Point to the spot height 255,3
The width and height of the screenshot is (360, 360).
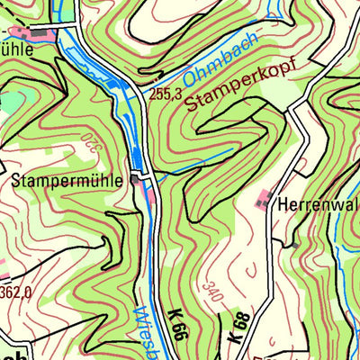point(165,94)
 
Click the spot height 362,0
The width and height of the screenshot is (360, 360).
point(15,292)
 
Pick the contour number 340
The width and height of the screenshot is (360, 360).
point(217,290)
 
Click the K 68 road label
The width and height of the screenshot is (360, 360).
point(237,324)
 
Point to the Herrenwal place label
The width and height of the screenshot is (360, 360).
point(319,204)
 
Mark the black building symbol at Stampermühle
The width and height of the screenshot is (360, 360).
point(136,180)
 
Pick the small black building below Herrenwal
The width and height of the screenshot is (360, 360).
point(294,242)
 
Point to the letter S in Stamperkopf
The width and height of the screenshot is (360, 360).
point(193,104)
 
